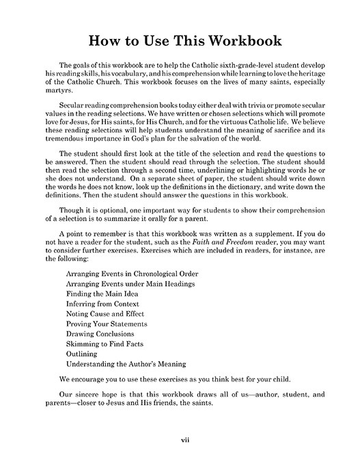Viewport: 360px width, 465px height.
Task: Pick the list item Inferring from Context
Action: click(x=102, y=303)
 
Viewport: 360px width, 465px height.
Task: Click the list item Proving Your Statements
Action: click(x=107, y=323)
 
